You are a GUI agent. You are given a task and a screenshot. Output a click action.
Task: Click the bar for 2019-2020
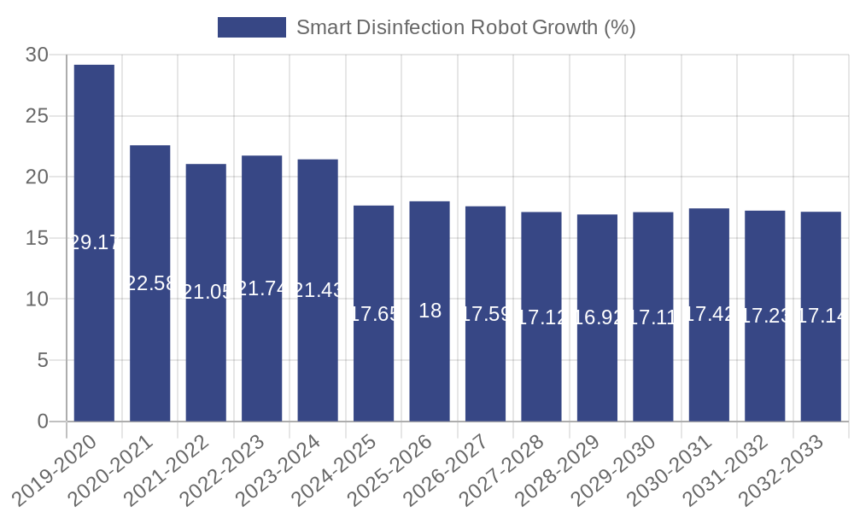[x=94, y=243]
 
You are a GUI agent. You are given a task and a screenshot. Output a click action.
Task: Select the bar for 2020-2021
[x=150, y=283]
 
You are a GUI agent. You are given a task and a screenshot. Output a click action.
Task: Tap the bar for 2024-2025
[x=373, y=313]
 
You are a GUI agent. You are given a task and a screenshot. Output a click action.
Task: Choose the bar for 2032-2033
[x=821, y=317]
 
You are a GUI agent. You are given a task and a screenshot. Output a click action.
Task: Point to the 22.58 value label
[x=150, y=283]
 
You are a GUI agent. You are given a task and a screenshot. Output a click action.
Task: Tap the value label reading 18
[x=430, y=311]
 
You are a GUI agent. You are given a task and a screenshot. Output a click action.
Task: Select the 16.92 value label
[x=597, y=318]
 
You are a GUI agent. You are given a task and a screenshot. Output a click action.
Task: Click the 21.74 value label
[x=262, y=288]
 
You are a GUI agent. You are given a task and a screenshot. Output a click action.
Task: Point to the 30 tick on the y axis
[x=38, y=55]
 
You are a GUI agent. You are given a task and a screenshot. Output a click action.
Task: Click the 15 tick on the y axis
[x=38, y=238]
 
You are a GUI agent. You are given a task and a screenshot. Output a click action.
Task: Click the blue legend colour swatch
[x=251, y=27]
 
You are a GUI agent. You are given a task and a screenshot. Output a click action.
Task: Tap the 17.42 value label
[x=709, y=314]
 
